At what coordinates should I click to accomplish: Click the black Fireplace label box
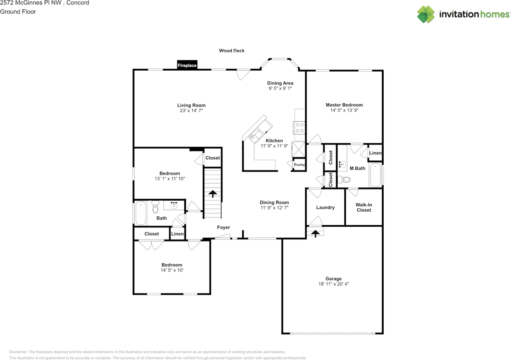point(187,65)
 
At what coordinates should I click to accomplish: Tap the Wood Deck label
point(232,51)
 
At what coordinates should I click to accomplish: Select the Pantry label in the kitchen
point(299,164)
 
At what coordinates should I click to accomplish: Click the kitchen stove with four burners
point(299,128)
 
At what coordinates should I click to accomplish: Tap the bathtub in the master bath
point(375,175)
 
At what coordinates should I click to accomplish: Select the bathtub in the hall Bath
point(141,213)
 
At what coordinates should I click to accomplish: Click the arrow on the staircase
point(213,194)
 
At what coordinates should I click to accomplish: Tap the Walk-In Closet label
point(364,208)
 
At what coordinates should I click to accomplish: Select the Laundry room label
point(325,208)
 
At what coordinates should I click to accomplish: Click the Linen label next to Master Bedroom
point(375,153)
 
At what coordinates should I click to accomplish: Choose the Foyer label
point(224,227)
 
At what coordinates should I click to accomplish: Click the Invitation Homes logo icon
point(426,15)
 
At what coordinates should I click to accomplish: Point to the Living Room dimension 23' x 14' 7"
point(191,111)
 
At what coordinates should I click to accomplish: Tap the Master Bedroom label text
point(344,105)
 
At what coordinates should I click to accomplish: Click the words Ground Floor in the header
point(18,12)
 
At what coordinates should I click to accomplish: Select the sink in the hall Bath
point(174,205)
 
